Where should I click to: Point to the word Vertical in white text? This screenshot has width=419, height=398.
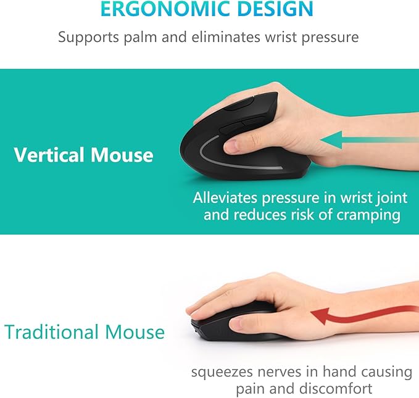[50, 154]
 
